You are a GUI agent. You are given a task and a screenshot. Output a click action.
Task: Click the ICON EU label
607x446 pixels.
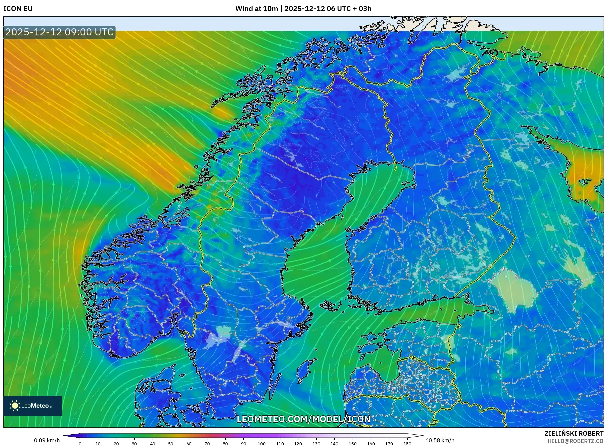click(x=18, y=9)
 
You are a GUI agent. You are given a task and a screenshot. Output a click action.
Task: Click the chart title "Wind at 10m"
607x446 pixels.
click(x=256, y=9)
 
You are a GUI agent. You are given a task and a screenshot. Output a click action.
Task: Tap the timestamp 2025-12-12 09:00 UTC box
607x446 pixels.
click(x=59, y=32)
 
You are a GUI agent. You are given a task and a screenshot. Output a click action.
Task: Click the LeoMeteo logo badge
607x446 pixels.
click(x=33, y=406)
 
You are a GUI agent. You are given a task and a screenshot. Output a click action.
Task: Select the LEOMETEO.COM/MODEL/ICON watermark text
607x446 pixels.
click(x=303, y=419)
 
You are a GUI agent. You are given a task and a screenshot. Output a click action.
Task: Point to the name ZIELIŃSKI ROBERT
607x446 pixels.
click(x=574, y=433)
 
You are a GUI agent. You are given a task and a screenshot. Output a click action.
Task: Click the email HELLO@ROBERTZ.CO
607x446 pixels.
click(x=575, y=441)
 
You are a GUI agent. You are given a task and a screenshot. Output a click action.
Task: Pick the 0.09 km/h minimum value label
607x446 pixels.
click(x=47, y=440)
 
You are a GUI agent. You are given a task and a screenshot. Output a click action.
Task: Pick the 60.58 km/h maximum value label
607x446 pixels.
click(x=440, y=440)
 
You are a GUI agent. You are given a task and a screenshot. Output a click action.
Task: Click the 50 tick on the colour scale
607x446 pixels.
click(x=171, y=444)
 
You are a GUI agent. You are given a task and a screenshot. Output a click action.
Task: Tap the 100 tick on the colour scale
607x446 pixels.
click(x=262, y=444)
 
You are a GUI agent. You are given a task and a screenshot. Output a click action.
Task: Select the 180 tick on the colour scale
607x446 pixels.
click(x=407, y=444)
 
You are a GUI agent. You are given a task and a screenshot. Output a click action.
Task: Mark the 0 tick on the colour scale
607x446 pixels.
click(x=80, y=444)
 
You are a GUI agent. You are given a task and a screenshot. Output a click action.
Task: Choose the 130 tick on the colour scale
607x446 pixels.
click(x=316, y=444)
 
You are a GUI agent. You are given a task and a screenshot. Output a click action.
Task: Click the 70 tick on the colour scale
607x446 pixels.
click(x=207, y=444)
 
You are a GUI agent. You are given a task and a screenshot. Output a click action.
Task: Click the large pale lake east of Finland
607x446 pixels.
click(x=514, y=290)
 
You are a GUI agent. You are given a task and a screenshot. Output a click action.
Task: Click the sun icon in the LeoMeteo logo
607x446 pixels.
click(x=15, y=406)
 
